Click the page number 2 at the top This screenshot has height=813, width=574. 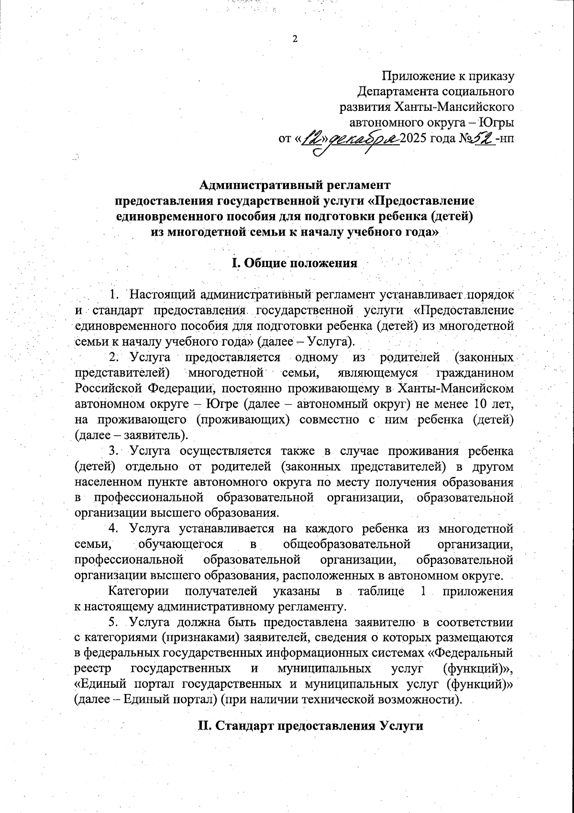click(295, 39)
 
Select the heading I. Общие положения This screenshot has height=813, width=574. click(294, 263)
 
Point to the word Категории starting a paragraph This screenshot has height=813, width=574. click(139, 591)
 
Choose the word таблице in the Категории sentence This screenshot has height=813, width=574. click(381, 591)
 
